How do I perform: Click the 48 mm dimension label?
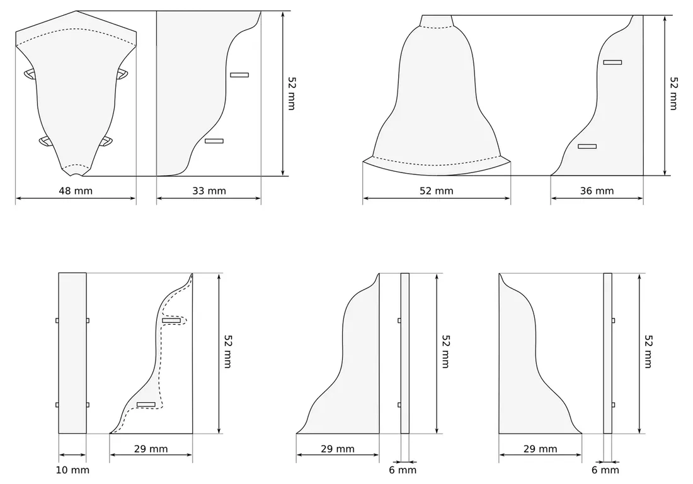point(74,191)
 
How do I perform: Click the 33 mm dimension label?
point(209,191)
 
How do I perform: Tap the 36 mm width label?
point(597,191)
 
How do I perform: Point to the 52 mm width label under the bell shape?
point(436,191)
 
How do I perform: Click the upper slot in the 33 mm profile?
point(239,75)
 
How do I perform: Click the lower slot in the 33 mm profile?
point(214,141)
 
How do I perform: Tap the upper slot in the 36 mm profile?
point(612,62)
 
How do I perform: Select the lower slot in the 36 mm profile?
point(587,147)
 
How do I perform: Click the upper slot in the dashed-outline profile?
point(171,321)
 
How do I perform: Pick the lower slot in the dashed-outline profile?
point(146,404)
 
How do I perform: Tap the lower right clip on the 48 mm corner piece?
point(106,142)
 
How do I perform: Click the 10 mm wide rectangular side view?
point(72,352)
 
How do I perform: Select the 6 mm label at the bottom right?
point(605,470)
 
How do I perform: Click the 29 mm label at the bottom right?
point(540,449)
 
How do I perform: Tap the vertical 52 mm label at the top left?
point(291,93)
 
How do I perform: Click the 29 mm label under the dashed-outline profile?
point(151,449)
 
